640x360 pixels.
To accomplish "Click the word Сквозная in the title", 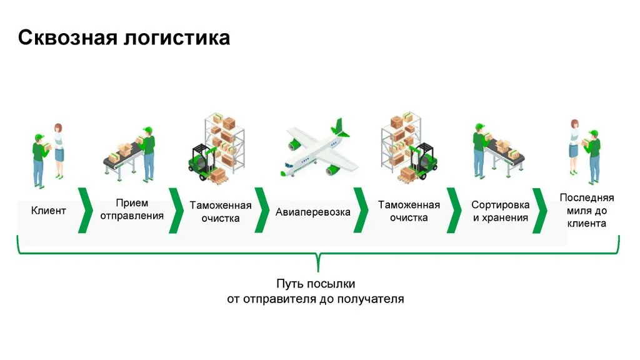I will [66, 38].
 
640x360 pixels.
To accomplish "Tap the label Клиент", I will [48, 211].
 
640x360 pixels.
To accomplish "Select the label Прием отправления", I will [132, 210].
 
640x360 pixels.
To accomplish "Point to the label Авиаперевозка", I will [312, 212].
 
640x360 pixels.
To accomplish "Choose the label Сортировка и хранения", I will [500, 212].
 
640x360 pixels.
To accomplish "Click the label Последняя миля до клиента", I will [586, 211].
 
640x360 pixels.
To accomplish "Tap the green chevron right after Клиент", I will [86, 210].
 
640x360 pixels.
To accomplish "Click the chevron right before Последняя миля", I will [539, 210].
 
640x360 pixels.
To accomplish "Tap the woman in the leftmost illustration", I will [59, 150].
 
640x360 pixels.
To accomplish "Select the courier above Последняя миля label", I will [592, 156].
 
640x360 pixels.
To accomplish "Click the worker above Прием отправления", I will [148, 153].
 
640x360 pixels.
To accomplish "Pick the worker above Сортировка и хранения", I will [479, 150].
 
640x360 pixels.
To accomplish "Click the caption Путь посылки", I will [316, 284].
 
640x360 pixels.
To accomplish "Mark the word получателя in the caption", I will [371, 299].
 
